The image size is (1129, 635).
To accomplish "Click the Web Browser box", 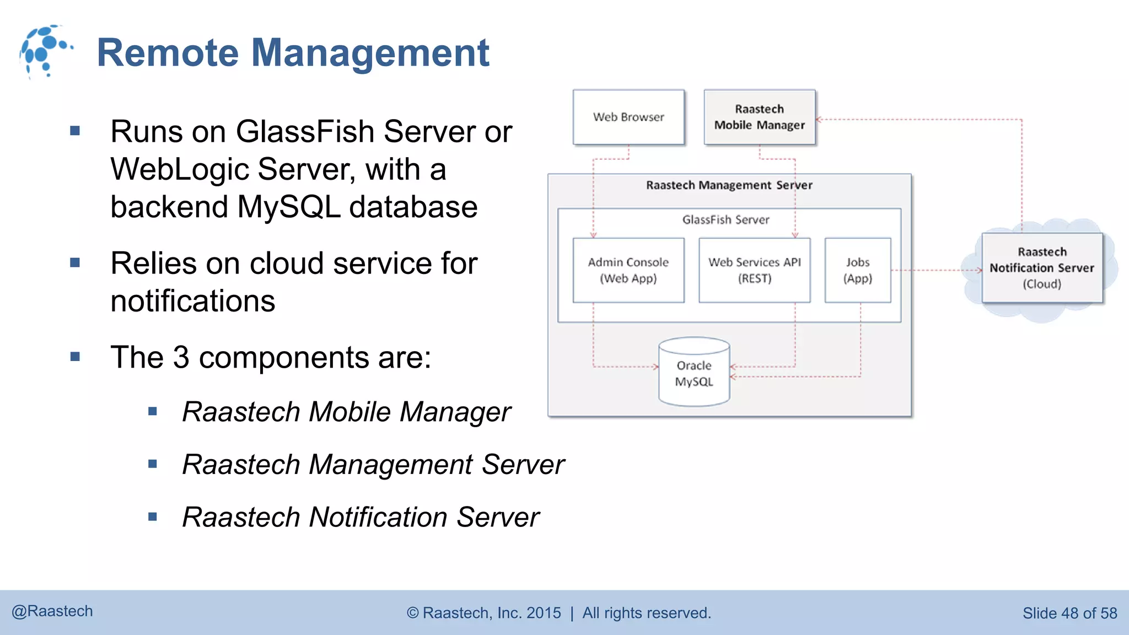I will click(628, 117).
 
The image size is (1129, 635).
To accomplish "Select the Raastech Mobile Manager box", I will click(759, 117).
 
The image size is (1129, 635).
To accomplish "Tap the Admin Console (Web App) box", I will click(628, 270).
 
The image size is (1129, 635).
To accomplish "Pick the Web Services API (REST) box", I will click(754, 270).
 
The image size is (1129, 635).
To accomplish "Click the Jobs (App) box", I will click(858, 270).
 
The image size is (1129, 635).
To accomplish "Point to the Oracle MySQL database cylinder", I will click(694, 373).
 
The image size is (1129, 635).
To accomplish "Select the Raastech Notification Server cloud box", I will click(1042, 268).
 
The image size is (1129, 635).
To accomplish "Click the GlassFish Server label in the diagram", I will click(725, 220).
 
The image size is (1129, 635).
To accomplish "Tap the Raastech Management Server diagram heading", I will click(729, 185).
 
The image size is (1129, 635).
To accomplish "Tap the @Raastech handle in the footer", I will click(52, 611).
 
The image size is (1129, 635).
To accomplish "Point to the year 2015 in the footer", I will click(544, 613).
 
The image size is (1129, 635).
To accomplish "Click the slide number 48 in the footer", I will click(1069, 613).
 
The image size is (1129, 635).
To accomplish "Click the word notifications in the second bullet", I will click(192, 302).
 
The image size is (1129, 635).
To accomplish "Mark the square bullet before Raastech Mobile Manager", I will click(153, 411).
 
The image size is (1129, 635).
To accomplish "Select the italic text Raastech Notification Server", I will click(361, 518).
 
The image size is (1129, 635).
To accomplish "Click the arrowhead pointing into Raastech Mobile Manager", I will click(819, 119).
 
